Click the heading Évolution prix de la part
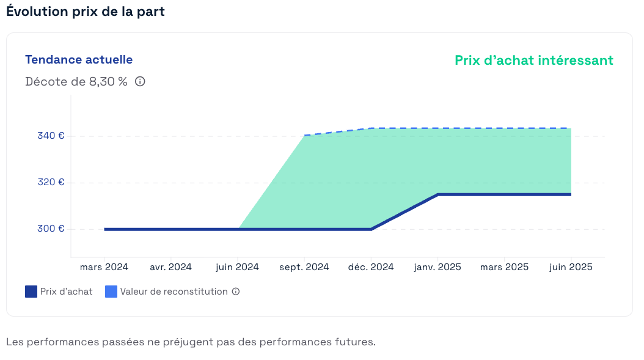[x=86, y=12]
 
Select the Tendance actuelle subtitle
[x=79, y=59]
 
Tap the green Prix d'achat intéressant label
[x=533, y=60]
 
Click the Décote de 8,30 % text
[x=76, y=81]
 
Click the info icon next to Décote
[x=140, y=81]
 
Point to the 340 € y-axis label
[x=51, y=136]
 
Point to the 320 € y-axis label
[x=51, y=182]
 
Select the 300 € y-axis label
[x=51, y=229]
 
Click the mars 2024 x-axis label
[x=104, y=267]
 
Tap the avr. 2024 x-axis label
[x=170, y=267]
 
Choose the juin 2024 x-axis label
[x=238, y=267]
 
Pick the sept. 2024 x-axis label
[x=304, y=267]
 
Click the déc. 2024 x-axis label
[x=371, y=267]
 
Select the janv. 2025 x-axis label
[x=437, y=267]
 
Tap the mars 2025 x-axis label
[x=504, y=267]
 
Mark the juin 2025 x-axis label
[x=571, y=267]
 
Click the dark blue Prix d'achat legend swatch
[x=31, y=292]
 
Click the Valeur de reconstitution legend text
[x=174, y=292]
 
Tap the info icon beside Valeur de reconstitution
[x=236, y=292]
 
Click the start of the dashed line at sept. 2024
[x=305, y=135]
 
